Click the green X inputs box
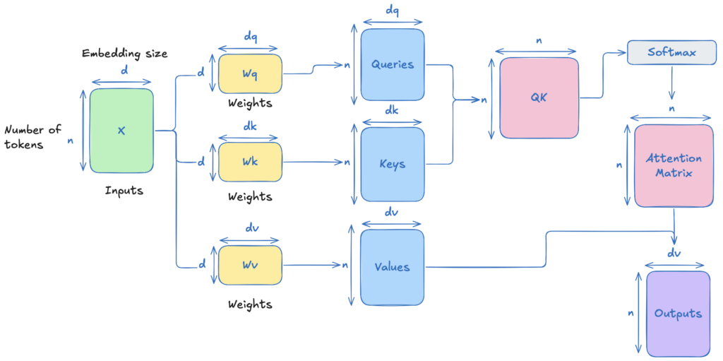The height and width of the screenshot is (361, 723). (121, 131)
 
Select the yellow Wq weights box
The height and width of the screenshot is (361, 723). (250, 73)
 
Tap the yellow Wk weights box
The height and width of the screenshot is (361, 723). (250, 162)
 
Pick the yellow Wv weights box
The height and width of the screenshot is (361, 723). (250, 266)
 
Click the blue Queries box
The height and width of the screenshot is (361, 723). (393, 64)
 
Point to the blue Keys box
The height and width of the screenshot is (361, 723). (393, 165)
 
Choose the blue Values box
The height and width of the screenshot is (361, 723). (393, 267)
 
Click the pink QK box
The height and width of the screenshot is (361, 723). (539, 98)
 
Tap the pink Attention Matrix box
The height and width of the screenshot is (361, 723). (674, 166)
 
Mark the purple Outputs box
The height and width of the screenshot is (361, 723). (679, 314)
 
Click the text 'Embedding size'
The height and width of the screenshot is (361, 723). (124, 54)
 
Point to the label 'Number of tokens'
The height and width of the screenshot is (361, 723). (32, 137)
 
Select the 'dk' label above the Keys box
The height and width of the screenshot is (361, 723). (392, 111)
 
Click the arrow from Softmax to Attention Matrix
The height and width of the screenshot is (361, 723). (672, 83)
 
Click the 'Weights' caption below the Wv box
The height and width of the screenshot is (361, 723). (250, 304)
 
